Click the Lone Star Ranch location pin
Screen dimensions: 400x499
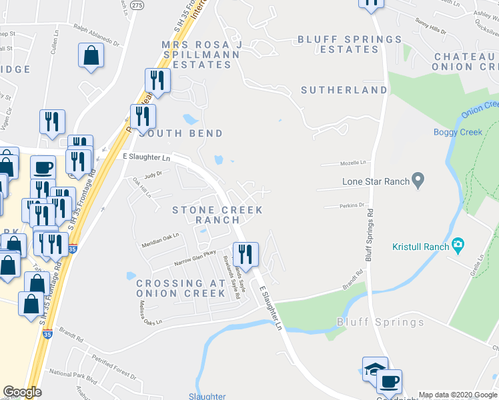[418, 180]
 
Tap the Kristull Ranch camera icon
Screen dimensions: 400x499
[458, 246]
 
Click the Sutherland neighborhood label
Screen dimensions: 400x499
[344, 89]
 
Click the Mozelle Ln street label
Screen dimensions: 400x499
[355, 162]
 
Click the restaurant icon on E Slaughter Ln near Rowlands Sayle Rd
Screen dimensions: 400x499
[245, 254]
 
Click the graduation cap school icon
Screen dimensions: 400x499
[374, 369]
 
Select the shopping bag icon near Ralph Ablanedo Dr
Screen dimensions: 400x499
[91, 56]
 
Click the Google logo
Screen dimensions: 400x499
[22, 392]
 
